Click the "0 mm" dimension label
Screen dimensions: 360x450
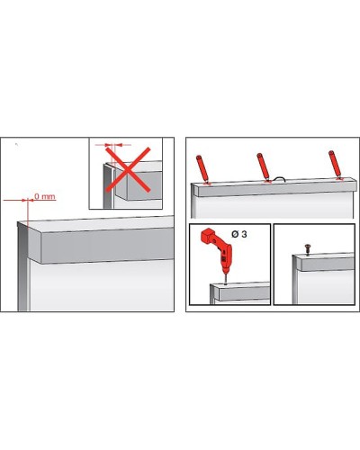click(x=45, y=196)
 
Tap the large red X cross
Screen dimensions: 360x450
click(x=128, y=169)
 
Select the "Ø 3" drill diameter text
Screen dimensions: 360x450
click(x=239, y=234)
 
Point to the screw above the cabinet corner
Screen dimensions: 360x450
click(x=307, y=249)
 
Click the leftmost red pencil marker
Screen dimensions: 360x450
click(x=202, y=168)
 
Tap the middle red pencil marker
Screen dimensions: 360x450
click(x=264, y=166)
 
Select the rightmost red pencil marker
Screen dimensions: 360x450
click(x=336, y=165)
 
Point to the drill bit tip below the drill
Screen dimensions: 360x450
click(x=225, y=283)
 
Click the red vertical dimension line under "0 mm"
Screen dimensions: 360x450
click(x=28, y=211)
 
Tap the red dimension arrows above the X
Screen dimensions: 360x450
click(x=113, y=145)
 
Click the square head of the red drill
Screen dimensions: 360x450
click(x=207, y=235)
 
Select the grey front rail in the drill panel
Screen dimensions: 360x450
click(x=244, y=294)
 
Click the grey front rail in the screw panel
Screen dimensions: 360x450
click(x=328, y=265)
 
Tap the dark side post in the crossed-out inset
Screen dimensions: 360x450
click(x=108, y=186)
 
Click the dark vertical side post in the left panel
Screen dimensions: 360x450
click(x=23, y=266)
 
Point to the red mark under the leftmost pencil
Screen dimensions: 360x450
click(x=207, y=184)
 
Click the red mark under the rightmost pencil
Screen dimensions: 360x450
click(x=339, y=179)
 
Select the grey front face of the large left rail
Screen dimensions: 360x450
click(x=106, y=246)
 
